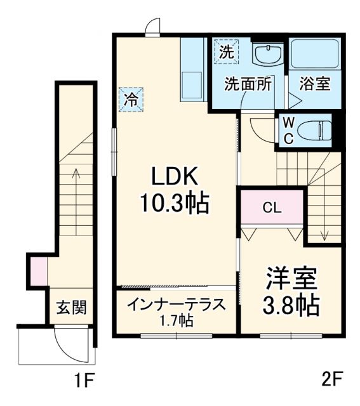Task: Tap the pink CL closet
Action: [x=272, y=207]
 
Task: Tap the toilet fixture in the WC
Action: [x=316, y=129]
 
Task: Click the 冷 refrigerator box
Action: [x=130, y=100]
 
